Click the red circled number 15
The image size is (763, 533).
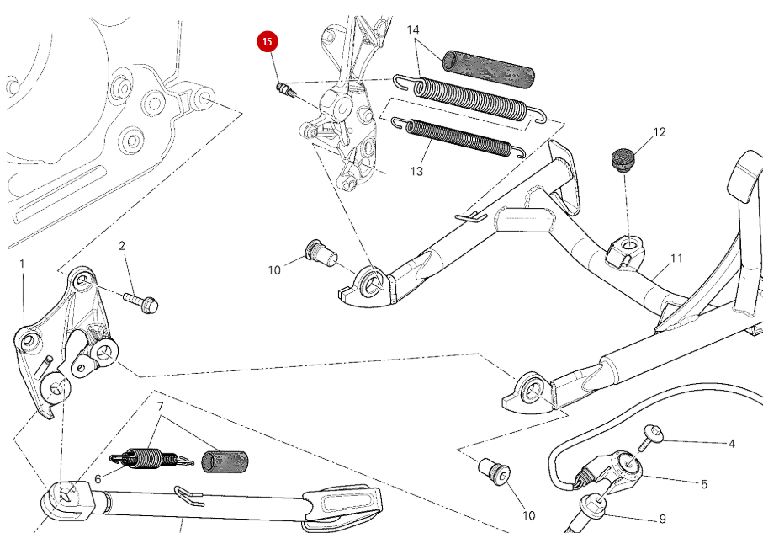tap(268, 41)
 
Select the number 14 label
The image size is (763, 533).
tap(413, 30)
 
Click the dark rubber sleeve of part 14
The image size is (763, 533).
tap(490, 69)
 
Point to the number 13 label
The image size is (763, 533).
tap(417, 172)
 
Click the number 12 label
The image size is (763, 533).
tap(660, 132)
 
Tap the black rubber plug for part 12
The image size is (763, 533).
tap(623, 157)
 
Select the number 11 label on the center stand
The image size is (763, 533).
tap(676, 259)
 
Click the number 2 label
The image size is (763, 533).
tap(122, 246)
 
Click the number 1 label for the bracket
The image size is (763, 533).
tap(23, 264)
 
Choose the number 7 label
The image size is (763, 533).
tap(159, 407)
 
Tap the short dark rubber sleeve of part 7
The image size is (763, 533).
tap(225, 461)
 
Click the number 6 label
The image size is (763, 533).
tap(98, 478)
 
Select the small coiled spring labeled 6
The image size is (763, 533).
tap(143, 458)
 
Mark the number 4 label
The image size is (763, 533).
tap(731, 444)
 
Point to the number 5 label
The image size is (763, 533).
tap(704, 484)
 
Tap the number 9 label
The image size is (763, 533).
tap(663, 519)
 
